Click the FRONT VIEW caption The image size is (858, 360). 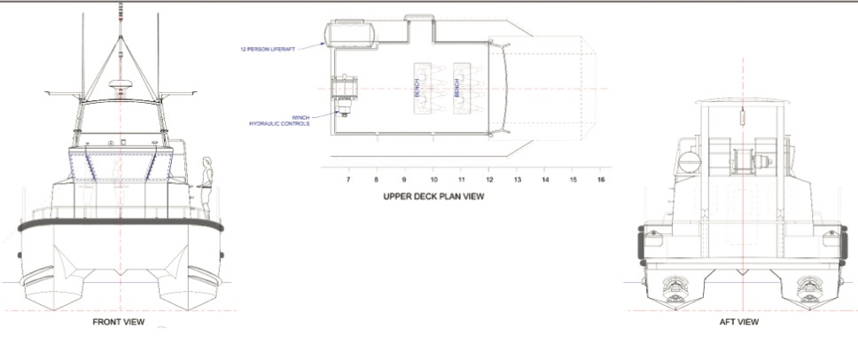coord(118,322)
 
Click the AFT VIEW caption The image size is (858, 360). coord(738,322)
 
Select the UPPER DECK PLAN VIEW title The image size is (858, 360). coord(433,197)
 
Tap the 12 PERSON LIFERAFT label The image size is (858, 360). coord(268,50)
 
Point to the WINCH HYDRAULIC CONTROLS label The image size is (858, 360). coord(279,121)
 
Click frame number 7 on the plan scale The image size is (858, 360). coord(348,179)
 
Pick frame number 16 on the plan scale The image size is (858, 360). coord(601,179)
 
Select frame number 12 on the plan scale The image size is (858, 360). coord(488,179)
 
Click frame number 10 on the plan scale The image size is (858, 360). coord(433,179)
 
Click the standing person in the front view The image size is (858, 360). coord(207,188)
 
